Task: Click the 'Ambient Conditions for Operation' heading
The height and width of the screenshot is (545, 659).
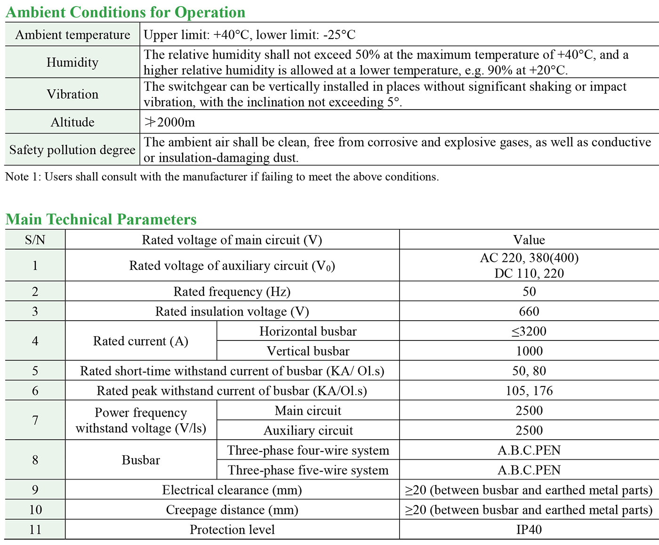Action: tap(125, 12)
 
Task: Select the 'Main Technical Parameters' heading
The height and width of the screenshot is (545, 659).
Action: tap(101, 220)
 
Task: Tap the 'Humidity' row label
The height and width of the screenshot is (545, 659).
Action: tap(72, 63)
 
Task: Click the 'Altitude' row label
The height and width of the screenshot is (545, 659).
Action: tap(72, 122)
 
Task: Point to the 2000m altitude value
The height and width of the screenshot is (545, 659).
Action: tap(169, 122)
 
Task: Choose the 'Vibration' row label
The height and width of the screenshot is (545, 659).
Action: tap(72, 95)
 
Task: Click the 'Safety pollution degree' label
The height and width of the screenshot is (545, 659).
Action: tap(72, 150)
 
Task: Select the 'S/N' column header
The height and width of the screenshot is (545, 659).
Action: tap(35, 240)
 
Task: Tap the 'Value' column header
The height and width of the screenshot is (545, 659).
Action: tap(529, 240)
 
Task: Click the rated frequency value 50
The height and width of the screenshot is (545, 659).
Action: tap(529, 292)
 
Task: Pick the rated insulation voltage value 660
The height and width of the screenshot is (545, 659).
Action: tap(529, 311)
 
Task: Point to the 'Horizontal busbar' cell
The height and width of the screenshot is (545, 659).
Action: tap(308, 331)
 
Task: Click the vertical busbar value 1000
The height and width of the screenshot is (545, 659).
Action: tap(529, 351)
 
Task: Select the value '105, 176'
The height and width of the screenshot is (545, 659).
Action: tap(529, 391)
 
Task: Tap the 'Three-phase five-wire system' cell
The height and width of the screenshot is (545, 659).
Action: tap(308, 470)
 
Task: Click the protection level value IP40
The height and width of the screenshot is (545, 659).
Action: tap(529, 529)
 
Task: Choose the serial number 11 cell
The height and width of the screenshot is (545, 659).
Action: tap(35, 529)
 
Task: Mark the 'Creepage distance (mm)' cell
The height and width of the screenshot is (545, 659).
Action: tap(232, 510)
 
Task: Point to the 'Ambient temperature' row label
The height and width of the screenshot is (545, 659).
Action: tap(72, 35)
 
